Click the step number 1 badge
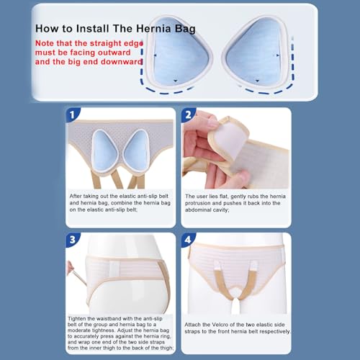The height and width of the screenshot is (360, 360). pyautogui.click(x=72, y=114)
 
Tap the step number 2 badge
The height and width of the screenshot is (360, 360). pyautogui.click(x=188, y=114)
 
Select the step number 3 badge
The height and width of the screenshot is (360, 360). pyautogui.click(x=72, y=239)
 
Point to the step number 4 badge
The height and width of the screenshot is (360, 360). pyautogui.click(x=188, y=239)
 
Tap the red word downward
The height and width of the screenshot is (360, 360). pyautogui.click(x=122, y=62)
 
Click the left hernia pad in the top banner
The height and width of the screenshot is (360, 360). pyautogui.click(x=179, y=52)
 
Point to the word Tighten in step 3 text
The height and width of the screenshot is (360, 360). pyautogui.click(x=76, y=319)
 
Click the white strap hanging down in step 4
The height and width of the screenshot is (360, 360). pyautogui.click(x=234, y=304)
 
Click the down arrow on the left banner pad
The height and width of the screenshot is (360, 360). pyautogui.click(x=176, y=81)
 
